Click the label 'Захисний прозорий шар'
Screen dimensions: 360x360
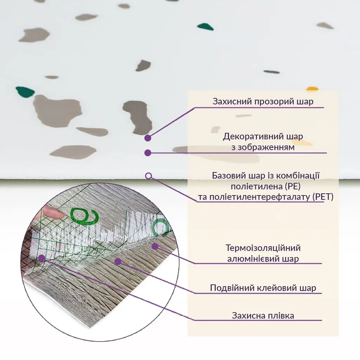coord(263,101)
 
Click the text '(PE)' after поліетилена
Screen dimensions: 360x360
coord(293,186)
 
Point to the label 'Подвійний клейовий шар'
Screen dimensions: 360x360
coord(263,288)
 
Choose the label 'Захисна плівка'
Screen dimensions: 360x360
coord(263,315)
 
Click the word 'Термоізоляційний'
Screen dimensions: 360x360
coord(263,248)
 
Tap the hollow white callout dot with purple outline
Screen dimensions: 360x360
coord(149,176)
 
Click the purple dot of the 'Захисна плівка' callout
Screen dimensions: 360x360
coord(41,258)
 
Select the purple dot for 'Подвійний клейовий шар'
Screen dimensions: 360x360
coord(118,261)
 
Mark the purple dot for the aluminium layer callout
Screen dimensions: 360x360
coord(155,246)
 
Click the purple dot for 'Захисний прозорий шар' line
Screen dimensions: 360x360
coord(148,138)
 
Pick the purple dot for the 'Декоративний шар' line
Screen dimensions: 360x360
coord(148,153)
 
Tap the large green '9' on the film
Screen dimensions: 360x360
coord(84,216)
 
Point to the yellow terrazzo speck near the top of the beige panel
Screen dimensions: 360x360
coord(312,89)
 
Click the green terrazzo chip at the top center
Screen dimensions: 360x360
coord(205,27)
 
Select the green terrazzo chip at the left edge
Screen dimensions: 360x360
coord(25,92)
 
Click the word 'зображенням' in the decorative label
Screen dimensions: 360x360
coord(263,147)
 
